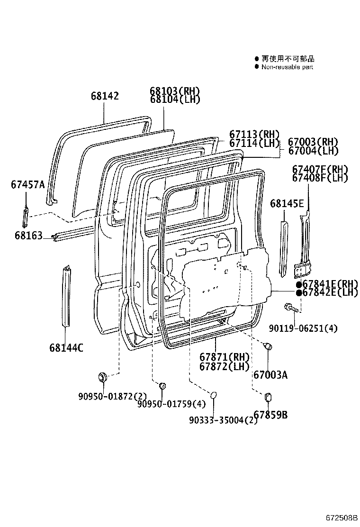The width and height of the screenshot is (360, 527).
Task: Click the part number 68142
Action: click(105, 96)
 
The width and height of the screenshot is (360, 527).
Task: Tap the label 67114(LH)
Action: click(254, 143)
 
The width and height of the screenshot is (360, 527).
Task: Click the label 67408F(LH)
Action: click(320, 178)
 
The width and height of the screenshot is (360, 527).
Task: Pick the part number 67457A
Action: click(27, 184)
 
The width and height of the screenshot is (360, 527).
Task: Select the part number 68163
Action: click(28, 235)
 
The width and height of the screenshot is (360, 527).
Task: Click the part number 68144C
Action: click(66, 348)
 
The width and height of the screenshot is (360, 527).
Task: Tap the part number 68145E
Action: click(287, 204)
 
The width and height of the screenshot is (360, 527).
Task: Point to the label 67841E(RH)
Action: click(328, 284)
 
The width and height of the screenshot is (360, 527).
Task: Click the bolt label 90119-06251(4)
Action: click(304, 328)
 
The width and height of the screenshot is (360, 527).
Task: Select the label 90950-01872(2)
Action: click(112, 396)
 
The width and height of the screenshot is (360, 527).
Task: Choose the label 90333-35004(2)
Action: click(223, 420)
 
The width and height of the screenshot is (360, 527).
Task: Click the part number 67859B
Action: click(270, 415)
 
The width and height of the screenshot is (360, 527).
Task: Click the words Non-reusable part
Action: click(288, 67)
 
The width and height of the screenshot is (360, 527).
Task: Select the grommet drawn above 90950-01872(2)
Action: click(102, 377)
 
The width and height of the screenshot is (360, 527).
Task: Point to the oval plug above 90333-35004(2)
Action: click(213, 395)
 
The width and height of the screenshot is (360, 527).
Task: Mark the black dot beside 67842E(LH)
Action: click(299, 293)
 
